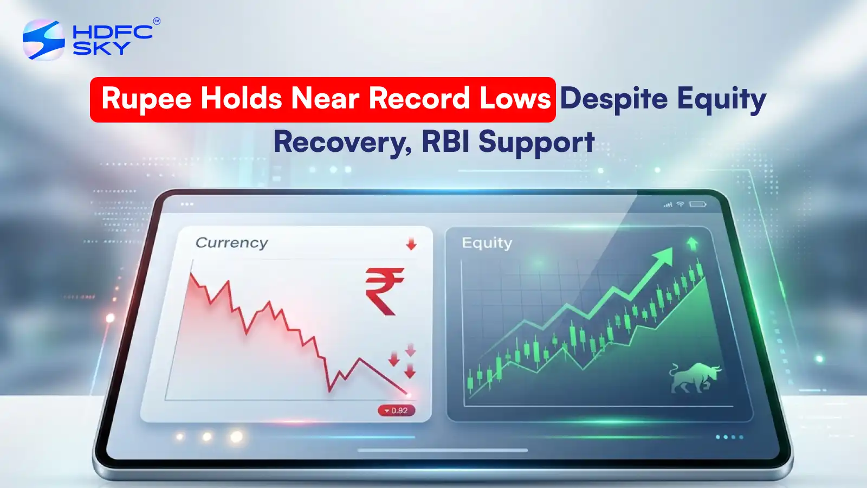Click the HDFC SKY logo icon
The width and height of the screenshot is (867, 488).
tap(43, 40)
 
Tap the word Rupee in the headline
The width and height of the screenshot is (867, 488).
tap(146, 100)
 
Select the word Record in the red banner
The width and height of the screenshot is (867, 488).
tap(419, 99)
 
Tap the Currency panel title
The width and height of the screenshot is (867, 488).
tap(231, 243)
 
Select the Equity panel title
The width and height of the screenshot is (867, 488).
tap(487, 243)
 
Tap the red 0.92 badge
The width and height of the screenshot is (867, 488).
tap(397, 410)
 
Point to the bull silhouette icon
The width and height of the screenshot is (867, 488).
tap(695, 377)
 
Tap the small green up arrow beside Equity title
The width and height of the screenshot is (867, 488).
tap(692, 244)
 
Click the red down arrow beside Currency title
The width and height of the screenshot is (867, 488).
tap(411, 244)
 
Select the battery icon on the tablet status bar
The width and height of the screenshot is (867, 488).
tap(697, 204)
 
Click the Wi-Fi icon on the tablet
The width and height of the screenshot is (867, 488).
tap(680, 204)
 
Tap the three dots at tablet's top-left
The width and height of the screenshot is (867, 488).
tap(187, 204)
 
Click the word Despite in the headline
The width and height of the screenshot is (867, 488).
tap(613, 100)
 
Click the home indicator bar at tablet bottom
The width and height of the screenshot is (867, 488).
tap(443, 450)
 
